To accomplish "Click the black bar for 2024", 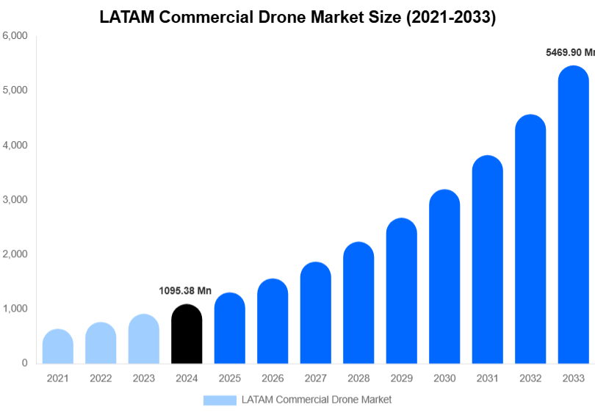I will tap(187, 334).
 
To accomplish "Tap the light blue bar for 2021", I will tap(58, 347).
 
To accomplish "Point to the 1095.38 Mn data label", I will tap(185, 291).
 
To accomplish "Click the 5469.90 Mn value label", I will tap(569, 53).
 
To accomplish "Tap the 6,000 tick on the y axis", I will tap(15, 35).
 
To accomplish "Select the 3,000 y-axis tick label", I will tap(15, 199).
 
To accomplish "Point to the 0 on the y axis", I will tap(24, 363).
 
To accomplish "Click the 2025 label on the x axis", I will tap(229, 378).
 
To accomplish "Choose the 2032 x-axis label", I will tap(530, 378).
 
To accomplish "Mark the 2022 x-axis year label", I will tap(101, 378).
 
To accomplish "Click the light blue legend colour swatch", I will tap(220, 400).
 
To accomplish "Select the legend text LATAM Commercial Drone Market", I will tap(317, 400).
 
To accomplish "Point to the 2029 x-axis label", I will tap(401, 378).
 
